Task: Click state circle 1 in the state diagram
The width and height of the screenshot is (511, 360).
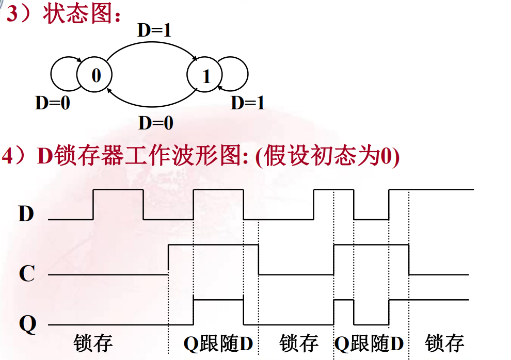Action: [206, 76]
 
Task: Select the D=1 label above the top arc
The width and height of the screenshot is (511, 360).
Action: [154, 30]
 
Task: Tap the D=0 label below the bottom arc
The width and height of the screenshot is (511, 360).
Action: [155, 123]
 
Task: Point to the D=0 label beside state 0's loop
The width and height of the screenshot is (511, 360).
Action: [52, 103]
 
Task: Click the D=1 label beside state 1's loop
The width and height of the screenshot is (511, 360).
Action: [247, 103]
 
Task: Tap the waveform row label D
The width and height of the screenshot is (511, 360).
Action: [26, 213]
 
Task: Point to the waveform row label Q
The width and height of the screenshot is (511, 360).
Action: [27, 324]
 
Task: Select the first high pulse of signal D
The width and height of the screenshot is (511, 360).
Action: [118, 190]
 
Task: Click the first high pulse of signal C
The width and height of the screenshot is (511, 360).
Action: [213, 245]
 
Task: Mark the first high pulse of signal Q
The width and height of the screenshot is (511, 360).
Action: [218, 300]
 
